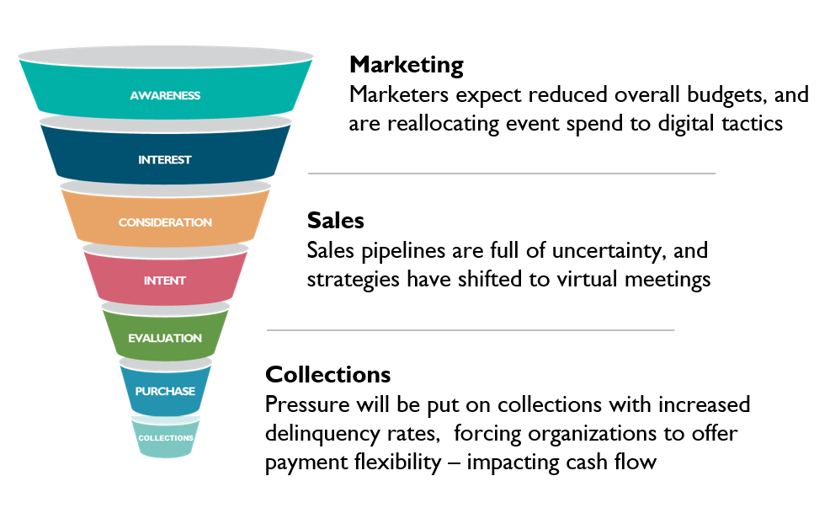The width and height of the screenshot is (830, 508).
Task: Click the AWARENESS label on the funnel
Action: (165, 95)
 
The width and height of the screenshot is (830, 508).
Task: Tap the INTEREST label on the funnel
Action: (165, 159)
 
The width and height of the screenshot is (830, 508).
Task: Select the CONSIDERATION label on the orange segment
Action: (165, 222)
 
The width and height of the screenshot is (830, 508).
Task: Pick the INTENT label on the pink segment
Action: (165, 281)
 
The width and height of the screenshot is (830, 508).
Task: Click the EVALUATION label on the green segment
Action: (165, 338)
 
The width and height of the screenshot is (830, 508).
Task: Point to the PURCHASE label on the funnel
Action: (165, 391)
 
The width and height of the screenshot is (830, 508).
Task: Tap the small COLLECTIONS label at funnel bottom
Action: (166, 438)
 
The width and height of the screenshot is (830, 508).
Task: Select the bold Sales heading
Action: (336, 221)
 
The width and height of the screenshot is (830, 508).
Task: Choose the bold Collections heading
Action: (328, 375)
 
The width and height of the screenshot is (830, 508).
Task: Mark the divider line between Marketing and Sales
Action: (511, 174)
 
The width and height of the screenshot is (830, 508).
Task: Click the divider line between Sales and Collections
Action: (470, 330)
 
